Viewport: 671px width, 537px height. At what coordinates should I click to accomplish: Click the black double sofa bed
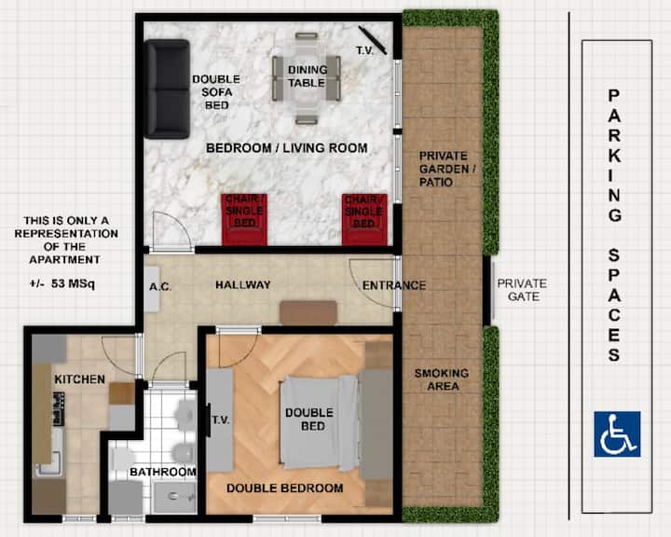point(167,89)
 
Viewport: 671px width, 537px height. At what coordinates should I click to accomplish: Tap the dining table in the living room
point(307,78)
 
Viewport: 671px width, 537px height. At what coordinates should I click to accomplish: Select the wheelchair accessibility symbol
point(617,434)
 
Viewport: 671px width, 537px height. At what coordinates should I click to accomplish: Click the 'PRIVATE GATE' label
point(522,290)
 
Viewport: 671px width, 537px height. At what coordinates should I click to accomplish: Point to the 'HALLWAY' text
point(243,284)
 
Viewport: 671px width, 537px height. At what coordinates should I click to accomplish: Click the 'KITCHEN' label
point(79,379)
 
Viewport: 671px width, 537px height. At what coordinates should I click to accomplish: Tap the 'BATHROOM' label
point(163,472)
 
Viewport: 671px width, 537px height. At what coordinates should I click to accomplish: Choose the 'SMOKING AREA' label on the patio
point(442,379)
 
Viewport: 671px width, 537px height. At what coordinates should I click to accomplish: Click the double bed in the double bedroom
point(319,422)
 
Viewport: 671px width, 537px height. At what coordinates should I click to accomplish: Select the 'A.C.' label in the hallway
point(160,286)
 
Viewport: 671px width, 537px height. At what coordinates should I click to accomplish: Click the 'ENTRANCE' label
point(394,285)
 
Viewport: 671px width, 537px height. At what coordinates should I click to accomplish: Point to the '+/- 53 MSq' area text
point(62,283)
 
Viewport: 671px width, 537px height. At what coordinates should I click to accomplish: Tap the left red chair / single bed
point(244,220)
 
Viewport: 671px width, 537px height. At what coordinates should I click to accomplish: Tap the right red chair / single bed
point(364,220)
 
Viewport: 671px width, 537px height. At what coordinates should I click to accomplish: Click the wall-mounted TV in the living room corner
point(373,41)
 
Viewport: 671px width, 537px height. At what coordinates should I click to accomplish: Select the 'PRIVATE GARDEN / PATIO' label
point(447,169)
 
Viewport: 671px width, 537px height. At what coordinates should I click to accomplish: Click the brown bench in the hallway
point(308,311)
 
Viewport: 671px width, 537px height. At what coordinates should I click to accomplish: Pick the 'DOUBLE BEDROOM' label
point(285,489)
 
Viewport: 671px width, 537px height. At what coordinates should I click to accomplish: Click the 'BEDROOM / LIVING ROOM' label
point(287,148)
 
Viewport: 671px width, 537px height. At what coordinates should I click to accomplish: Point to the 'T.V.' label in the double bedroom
point(221,420)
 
